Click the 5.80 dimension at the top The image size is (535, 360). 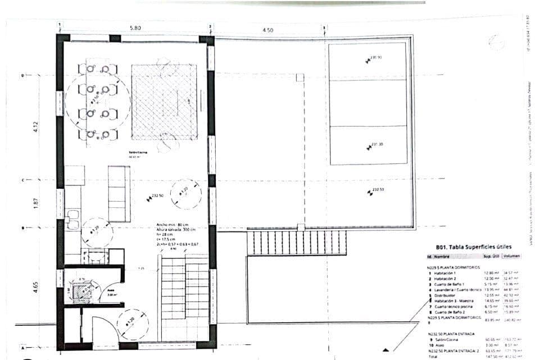click(x=135, y=28)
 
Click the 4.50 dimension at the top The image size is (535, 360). click(x=267, y=30)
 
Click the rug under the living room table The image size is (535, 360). click(x=165, y=102)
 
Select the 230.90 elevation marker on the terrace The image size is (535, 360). click(x=375, y=58)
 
